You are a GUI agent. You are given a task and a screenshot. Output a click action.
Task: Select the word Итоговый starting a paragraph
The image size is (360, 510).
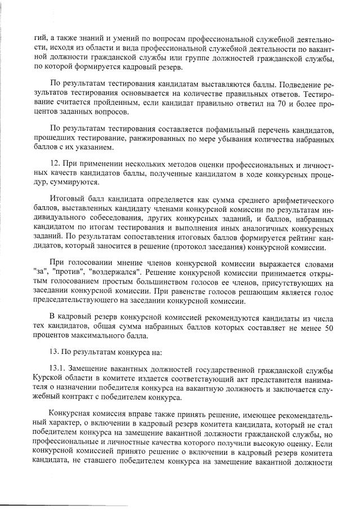67,200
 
